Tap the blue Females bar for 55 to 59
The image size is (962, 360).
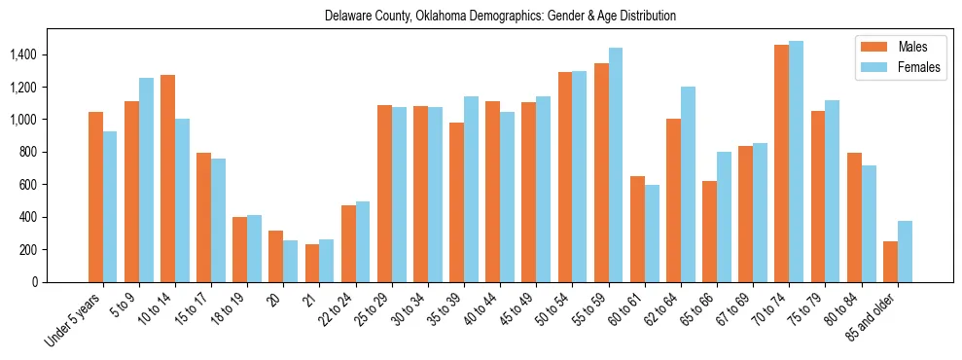tap(615, 165)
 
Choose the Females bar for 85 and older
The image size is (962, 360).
tap(905, 252)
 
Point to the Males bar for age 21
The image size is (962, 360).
tap(312, 264)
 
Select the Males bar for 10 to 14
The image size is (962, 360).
tap(167, 179)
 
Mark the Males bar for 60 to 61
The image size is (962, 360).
tap(637, 230)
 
